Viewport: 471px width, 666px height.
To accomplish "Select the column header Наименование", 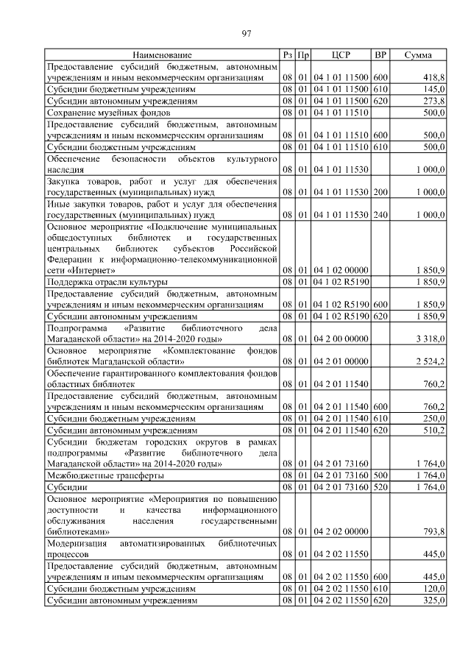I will tap(162, 55).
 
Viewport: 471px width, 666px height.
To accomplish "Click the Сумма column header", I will tap(418, 55).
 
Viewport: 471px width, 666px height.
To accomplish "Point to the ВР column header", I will tap(380, 55).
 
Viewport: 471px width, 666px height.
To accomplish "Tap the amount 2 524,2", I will tap(429, 361).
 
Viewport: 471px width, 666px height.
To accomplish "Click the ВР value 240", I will tap(380, 214).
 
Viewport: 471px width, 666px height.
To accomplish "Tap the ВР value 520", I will tap(380, 486).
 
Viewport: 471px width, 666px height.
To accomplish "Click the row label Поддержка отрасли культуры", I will tap(107, 281).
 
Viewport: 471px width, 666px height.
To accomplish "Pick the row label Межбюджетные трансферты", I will tap(105, 475).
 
